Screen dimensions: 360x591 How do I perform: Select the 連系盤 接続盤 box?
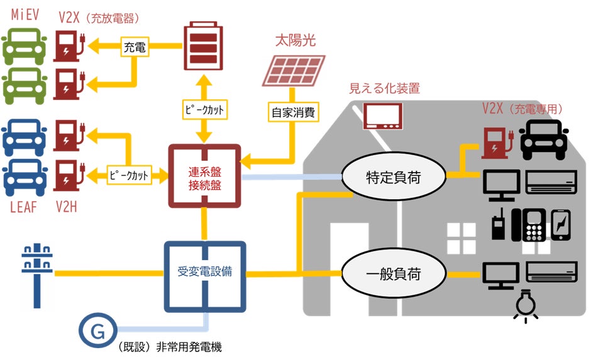click(204, 177)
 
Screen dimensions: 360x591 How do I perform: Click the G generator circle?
click(97, 331)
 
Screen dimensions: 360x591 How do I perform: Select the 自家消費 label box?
click(293, 114)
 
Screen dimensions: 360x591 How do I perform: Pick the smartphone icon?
click(560, 225)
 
